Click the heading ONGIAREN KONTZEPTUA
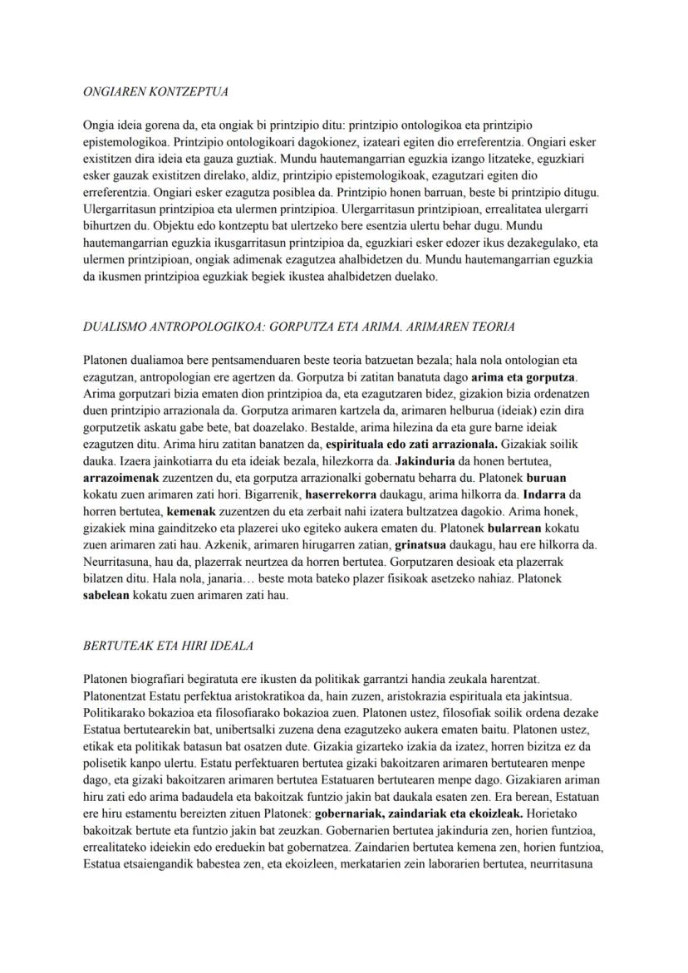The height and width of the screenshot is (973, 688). (x=155, y=91)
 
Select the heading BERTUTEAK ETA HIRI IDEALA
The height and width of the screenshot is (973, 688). (x=169, y=646)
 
